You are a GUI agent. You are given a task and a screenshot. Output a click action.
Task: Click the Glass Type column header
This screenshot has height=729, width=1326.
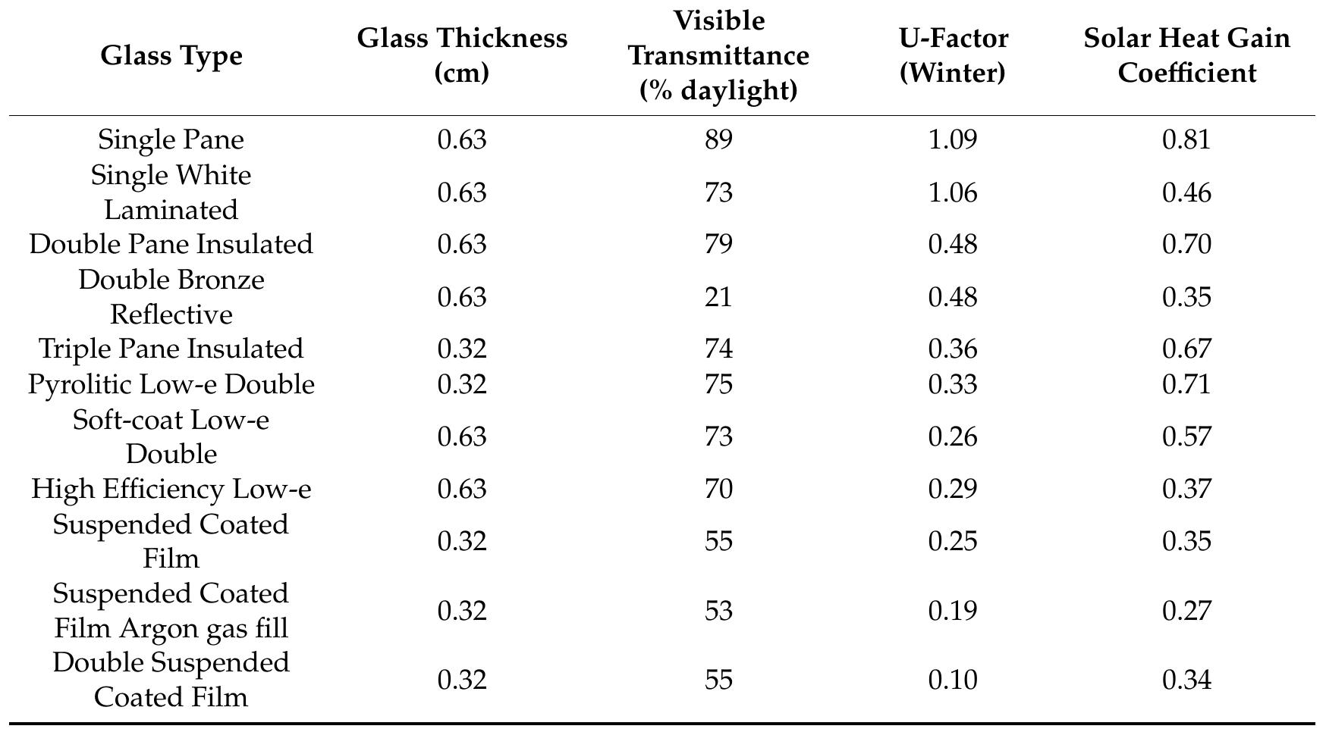click(x=171, y=55)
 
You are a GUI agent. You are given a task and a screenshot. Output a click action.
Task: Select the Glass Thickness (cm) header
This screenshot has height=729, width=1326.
click(x=462, y=55)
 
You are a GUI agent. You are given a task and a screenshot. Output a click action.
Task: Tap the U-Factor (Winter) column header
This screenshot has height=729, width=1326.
click(x=953, y=55)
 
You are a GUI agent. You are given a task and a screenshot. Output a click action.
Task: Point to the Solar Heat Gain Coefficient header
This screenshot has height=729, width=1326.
click(x=1186, y=55)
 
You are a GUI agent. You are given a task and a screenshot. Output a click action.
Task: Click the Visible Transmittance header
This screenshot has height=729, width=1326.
click(x=718, y=55)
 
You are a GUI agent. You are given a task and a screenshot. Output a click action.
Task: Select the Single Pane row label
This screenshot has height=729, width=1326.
click(x=171, y=139)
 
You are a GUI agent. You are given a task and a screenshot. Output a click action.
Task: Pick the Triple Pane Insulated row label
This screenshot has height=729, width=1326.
click(x=171, y=349)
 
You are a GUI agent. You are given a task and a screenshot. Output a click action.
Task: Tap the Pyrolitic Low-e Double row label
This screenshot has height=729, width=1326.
click(x=171, y=384)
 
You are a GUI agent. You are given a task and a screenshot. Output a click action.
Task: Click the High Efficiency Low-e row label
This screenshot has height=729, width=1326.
click(x=171, y=489)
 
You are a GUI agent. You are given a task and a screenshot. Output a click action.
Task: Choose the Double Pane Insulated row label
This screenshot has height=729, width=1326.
click(x=171, y=244)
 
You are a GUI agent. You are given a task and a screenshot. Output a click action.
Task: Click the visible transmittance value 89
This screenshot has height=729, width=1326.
click(x=718, y=139)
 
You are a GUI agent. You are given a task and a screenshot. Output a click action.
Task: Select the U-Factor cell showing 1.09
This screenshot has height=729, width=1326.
click(x=953, y=139)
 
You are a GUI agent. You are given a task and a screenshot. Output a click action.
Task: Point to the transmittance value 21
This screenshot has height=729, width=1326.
click(x=718, y=297)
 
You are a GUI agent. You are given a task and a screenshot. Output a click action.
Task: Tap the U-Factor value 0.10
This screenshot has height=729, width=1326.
click(x=953, y=680)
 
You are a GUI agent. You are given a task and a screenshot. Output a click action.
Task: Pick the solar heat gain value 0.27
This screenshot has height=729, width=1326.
click(x=1186, y=611)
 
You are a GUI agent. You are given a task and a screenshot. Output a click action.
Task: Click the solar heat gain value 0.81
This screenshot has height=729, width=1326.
click(x=1186, y=139)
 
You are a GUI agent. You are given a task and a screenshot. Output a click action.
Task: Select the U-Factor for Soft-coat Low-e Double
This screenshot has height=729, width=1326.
click(x=953, y=437)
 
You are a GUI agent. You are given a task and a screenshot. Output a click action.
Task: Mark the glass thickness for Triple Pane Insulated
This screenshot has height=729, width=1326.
click(x=462, y=349)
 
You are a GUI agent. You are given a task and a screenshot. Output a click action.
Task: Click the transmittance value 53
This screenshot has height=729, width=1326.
click(x=718, y=611)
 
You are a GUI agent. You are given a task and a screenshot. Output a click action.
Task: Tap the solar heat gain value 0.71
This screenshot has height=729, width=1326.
click(x=1186, y=384)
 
